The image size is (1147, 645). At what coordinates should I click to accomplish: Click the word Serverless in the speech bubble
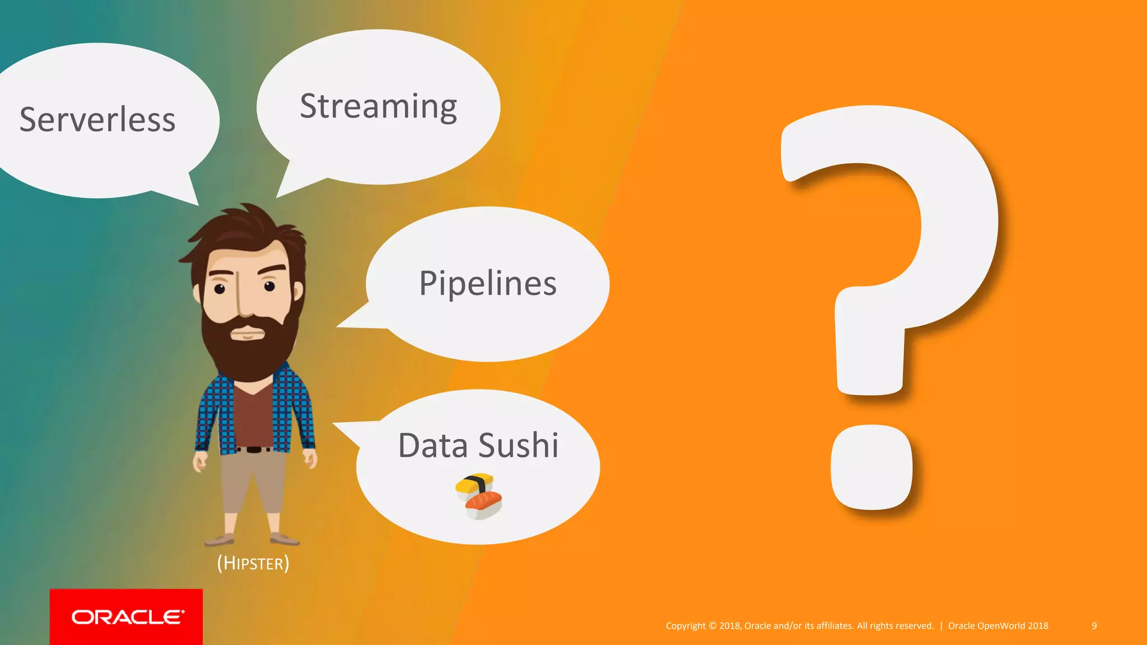(x=97, y=120)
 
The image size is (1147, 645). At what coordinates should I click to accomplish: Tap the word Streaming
(x=379, y=106)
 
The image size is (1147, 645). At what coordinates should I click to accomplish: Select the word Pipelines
(x=488, y=283)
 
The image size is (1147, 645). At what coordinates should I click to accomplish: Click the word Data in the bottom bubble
(x=433, y=446)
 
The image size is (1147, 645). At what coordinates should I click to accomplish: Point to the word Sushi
(x=519, y=446)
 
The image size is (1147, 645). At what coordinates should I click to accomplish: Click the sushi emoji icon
(x=479, y=496)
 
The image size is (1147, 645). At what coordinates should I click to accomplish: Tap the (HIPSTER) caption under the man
(x=253, y=563)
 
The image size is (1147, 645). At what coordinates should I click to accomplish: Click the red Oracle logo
(x=127, y=617)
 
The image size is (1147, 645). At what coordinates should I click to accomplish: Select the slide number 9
(x=1094, y=626)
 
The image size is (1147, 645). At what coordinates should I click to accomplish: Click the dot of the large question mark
(x=871, y=467)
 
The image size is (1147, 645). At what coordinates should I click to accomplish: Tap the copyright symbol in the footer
(x=712, y=626)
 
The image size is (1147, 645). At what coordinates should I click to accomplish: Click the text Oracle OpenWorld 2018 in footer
(x=998, y=626)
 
